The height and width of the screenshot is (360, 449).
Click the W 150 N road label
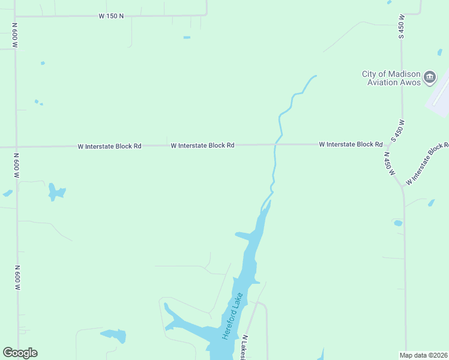click(111, 16)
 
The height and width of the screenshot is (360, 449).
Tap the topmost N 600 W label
click(14, 36)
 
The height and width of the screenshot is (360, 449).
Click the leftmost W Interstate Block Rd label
click(109, 146)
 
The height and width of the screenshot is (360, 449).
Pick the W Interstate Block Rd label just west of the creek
click(202, 145)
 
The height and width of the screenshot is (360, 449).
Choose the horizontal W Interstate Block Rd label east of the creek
click(351, 145)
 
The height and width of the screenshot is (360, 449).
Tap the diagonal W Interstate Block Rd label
click(427, 163)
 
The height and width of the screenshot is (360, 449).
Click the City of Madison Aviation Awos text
click(391, 78)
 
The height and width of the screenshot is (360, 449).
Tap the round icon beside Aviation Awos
click(430, 77)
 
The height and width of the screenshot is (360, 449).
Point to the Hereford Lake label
click(231, 316)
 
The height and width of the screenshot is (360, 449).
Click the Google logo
click(20, 353)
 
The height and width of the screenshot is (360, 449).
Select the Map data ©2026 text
click(423, 355)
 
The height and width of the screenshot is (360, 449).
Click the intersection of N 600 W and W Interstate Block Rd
click(16, 146)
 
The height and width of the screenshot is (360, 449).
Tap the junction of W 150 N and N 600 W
click(14, 16)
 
